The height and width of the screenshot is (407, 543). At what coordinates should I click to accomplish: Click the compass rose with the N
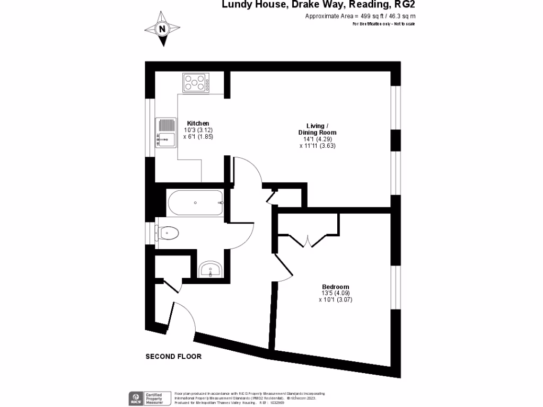(162, 29)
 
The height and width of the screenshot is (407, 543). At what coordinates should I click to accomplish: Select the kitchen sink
(164, 132)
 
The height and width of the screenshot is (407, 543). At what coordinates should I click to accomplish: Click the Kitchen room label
(198, 123)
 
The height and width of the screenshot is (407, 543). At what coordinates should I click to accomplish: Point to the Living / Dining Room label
(317, 129)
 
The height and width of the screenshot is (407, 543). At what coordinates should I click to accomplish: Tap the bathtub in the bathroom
(195, 202)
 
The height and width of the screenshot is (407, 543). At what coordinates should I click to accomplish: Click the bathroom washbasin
(211, 270)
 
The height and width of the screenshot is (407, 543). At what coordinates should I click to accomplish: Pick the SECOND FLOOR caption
(173, 357)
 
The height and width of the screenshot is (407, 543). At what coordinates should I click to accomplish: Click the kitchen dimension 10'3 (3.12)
(198, 130)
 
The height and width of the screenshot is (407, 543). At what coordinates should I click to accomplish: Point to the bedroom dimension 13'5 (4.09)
(335, 293)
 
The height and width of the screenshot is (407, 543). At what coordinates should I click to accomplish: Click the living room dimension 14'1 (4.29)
(318, 139)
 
